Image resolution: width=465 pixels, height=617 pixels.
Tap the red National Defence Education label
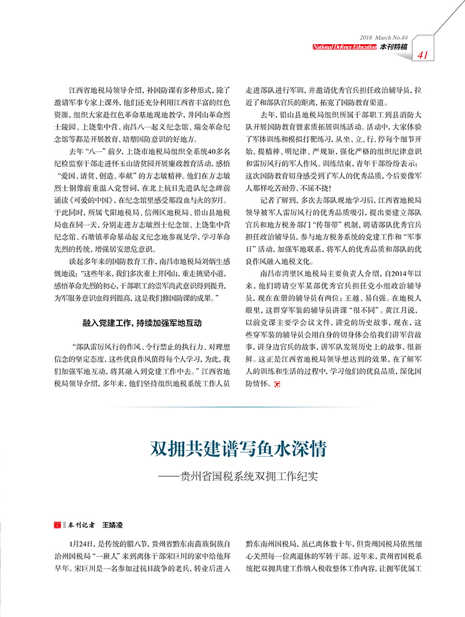pyautogui.click(x=344, y=47)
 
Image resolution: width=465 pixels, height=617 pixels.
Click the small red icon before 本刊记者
pyautogui.click(x=57, y=525)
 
